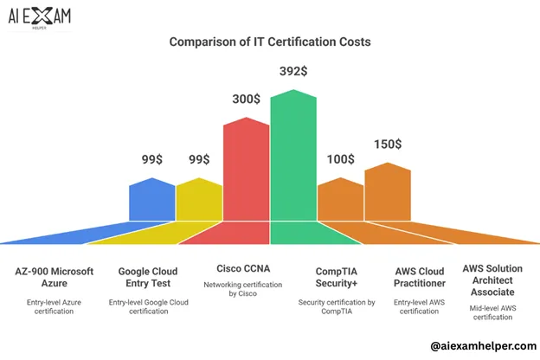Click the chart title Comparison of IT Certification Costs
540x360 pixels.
click(269, 42)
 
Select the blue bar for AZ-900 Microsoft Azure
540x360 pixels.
click(151, 201)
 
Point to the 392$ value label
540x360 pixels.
click(293, 71)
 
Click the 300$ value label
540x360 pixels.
click(245, 99)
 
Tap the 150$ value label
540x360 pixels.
click(387, 145)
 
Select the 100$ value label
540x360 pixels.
click(340, 159)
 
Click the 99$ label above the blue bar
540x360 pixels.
click(152, 159)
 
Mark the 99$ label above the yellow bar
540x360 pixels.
click(199, 159)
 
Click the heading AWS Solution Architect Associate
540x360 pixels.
click(492, 280)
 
